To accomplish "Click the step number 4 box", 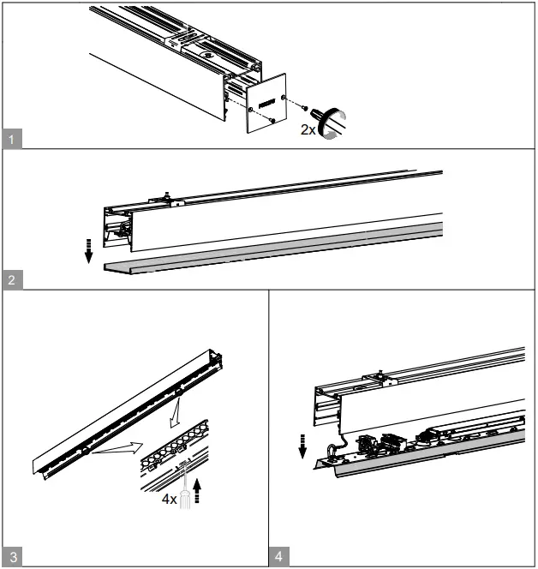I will click(x=278, y=557).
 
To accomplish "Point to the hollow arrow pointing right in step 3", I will click(x=120, y=446).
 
